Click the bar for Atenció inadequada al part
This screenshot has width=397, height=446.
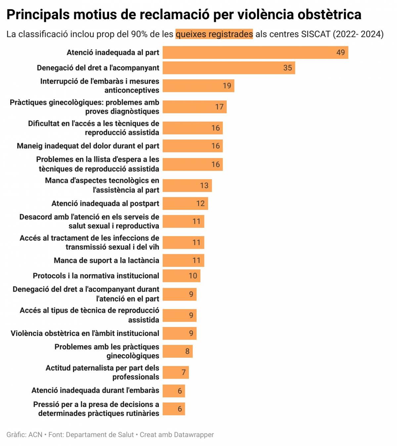pyautogui.click(x=255, y=53)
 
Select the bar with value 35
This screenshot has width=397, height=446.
pyautogui.click(x=228, y=68)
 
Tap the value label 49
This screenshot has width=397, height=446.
pyautogui.click(x=340, y=53)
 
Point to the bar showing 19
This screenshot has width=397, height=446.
pyautogui.click(x=198, y=86)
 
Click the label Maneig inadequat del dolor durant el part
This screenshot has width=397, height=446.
pyautogui.click(x=88, y=146)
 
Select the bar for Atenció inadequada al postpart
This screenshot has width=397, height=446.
pyautogui.click(x=185, y=203)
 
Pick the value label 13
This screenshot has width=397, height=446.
pyautogui.click(x=204, y=185)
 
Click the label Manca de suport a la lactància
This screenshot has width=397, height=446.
pyautogui.click(x=106, y=261)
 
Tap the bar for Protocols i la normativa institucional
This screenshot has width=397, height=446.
pyautogui.click(x=181, y=276)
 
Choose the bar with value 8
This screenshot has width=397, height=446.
pyautogui.click(x=177, y=351)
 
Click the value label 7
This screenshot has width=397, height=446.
pyautogui.click(x=184, y=372)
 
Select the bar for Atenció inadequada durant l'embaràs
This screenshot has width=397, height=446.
pyautogui.click(x=173, y=391)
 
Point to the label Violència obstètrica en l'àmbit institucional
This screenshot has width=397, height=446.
pyautogui.click(x=85, y=333)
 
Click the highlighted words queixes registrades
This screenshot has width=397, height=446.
pyautogui.click(x=214, y=34)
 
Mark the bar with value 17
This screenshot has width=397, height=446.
pyautogui.click(x=194, y=107)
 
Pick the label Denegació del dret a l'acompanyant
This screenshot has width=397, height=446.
pyautogui.click(x=98, y=68)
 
